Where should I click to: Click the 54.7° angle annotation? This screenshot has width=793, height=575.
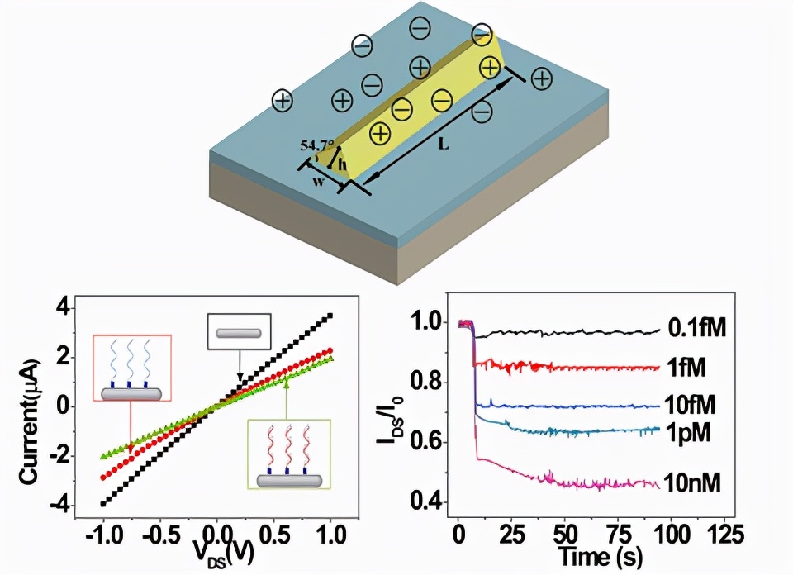point(317,146)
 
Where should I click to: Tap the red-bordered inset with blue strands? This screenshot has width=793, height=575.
point(131,368)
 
